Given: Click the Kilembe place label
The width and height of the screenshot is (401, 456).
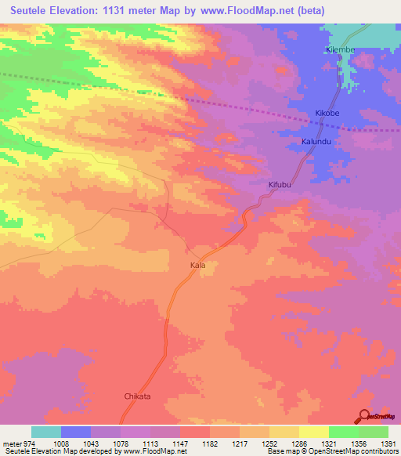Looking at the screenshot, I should pyautogui.click(x=341, y=49).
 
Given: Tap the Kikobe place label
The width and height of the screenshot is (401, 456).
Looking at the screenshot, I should pyautogui.click(x=328, y=113).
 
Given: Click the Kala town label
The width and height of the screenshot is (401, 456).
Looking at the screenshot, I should pyautogui.click(x=197, y=266).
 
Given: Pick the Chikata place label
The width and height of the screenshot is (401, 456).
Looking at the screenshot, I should pyautogui.click(x=137, y=396).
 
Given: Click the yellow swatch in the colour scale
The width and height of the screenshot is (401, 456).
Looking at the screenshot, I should pyautogui.click(x=314, y=432).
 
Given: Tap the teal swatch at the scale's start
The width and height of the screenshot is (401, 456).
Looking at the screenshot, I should pyautogui.click(x=46, y=432).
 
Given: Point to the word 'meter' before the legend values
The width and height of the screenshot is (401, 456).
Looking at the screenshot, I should pyautogui.click(x=13, y=443).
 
